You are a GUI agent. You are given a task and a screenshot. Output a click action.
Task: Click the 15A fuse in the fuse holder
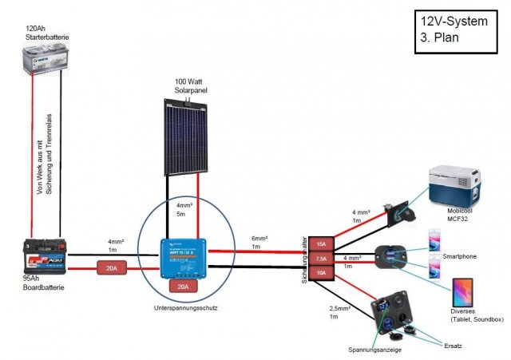321,243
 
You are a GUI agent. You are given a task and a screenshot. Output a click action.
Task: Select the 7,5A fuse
321,259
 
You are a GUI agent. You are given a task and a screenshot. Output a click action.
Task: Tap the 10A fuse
321,274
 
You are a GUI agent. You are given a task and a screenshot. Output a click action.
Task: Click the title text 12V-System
452,22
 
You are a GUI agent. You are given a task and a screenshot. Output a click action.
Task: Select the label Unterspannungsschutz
186,307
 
